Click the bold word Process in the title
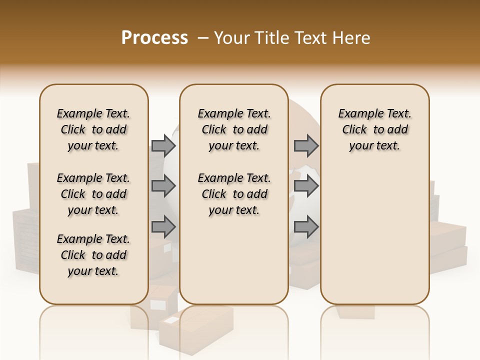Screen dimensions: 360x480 coord(154,38)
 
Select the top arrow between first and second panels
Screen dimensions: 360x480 coord(163,145)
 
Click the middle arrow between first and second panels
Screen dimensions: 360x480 coord(163,186)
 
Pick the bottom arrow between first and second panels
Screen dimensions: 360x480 coord(163,227)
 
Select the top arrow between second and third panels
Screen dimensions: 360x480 coord(306,145)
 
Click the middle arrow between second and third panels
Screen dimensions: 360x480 coord(306,186)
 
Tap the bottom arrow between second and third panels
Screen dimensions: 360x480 coord(306,227)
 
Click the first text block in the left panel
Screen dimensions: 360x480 coord(93,129)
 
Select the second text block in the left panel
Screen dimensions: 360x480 coord(93,194)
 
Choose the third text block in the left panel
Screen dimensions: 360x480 coord(93,255)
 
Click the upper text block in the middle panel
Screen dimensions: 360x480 coord(234,129)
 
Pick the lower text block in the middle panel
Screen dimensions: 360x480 coord(234,194)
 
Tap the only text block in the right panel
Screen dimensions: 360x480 coord(374,129)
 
